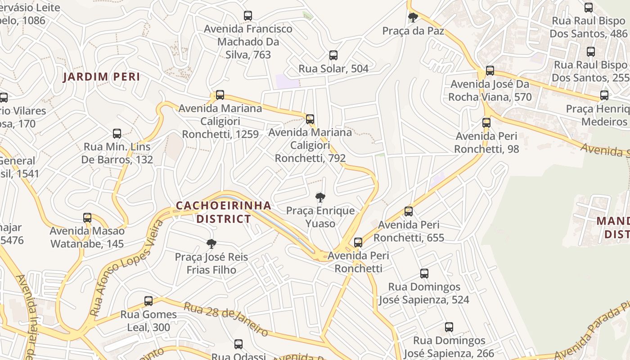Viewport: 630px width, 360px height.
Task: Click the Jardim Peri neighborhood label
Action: (101, 76)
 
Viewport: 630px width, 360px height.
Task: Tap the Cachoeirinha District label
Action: (224, 212)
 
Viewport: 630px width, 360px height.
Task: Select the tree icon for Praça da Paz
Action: (413, 18)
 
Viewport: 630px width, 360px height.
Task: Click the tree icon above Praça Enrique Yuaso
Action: (320, 197)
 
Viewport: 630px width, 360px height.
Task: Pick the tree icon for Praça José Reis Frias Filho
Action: (211, 244)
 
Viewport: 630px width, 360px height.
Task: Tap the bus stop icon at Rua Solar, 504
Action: (333, 55)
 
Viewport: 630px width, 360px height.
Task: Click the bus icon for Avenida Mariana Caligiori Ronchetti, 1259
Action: (220, 95)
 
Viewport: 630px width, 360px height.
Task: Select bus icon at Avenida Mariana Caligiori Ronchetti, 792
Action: (310, 119)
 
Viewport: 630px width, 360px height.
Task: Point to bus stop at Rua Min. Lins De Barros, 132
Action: (117, 134)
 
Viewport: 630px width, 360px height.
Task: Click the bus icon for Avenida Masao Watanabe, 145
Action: (87, 218)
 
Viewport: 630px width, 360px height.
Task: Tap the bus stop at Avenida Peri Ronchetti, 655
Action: (409, 211)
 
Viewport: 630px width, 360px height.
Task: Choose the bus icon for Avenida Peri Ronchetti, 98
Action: (486, 122)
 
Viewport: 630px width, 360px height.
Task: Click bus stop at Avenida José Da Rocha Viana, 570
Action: (490, 71)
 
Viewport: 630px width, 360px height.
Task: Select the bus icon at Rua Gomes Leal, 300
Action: (148, 301)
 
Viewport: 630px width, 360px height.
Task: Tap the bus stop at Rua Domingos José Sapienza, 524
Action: (424, 273)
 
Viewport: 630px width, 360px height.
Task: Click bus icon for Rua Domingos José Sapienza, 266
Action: (449, 327)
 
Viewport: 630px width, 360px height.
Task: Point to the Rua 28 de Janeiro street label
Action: (226, 319)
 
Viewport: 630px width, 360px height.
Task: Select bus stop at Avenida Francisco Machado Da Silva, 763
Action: (248, 15)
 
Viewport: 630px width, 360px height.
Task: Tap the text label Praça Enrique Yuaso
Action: (320, 217)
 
